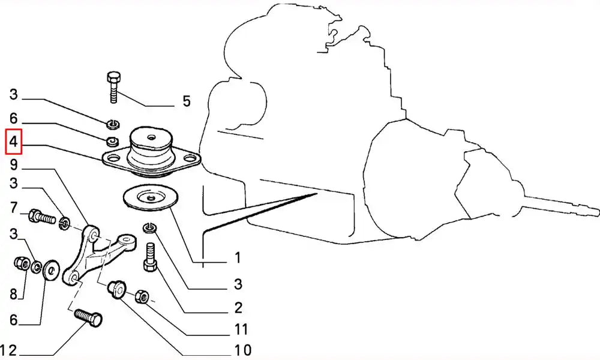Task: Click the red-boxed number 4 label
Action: click(13, 142)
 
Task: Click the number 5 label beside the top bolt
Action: click(187, 101)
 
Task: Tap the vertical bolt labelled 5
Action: click(114, 87)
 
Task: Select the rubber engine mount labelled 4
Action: click(151, 151)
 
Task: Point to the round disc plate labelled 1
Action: click(151, 198)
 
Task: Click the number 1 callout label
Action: click(238, 257)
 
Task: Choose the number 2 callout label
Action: click(238, 308)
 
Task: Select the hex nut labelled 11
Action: click(142, 296)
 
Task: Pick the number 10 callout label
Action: click(242, 350)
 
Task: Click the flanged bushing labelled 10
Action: click(117, 290)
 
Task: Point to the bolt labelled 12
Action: click(88, 317)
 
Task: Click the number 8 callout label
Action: click(13, 294)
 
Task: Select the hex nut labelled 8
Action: click(21, 263)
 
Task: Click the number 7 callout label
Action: click(13, 208)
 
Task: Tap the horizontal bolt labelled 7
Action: click(42, 217)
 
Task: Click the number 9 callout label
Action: click(13, 164)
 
